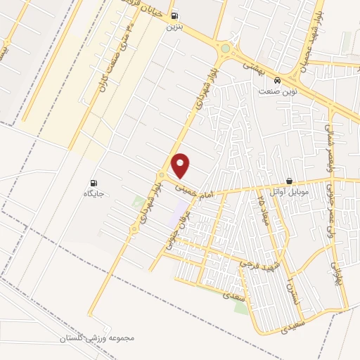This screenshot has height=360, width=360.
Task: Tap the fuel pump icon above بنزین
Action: tap(174, 16)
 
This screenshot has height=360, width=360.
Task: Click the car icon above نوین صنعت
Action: tap(278, 80)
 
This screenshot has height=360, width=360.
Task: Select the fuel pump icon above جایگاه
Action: tap(94, 182)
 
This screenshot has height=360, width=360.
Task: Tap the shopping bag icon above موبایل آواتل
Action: tap(289, 181)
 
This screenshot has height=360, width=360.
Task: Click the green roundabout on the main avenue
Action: tap(225, 49)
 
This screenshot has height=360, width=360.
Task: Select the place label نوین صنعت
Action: tap(278, 92)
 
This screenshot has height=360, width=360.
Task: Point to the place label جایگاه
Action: tap(94, 193)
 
